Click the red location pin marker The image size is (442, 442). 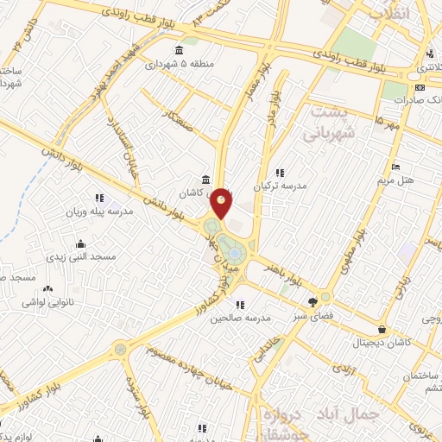point(222,203)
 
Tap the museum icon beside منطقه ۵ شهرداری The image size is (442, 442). point(179,49)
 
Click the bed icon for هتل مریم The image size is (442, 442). point(395,167)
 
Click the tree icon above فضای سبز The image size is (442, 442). point(312,302)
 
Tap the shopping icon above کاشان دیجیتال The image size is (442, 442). point(382,329)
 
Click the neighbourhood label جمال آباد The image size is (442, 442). point(346,413)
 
